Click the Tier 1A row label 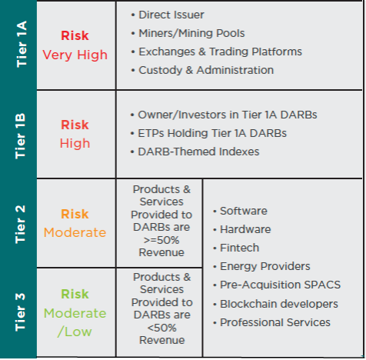(x=22, y=44)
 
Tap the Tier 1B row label (x=21, y=136)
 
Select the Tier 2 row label (x=20, y=224)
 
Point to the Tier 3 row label (x=20, y=312)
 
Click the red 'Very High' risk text (x=75, y=55)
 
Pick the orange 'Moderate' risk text (x=75, y=232)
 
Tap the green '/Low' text (x=75, y=332)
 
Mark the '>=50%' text (x=161, y=240)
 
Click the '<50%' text (x=162, y=328)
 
